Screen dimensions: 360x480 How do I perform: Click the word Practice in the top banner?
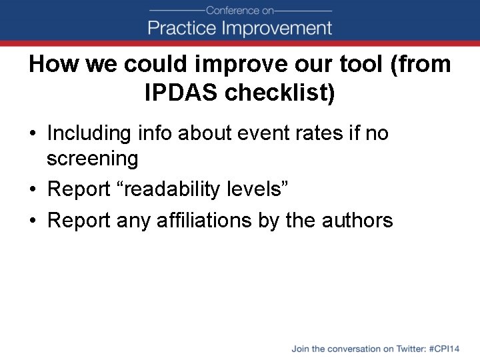click(x=181, y=28)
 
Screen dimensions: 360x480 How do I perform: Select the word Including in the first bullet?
click(x=89, y=133)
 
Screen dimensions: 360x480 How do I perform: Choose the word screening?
click(x=92, y=159)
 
